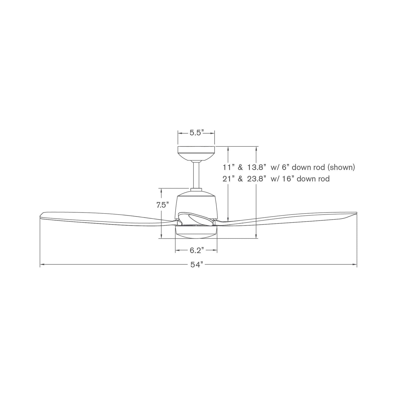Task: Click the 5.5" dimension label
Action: point(196,133)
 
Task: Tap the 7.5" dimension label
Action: point(162,205)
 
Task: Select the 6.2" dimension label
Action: point(196,250)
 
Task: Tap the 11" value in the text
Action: point(229,167)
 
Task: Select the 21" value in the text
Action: point(229,179)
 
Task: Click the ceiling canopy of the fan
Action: point(196,152)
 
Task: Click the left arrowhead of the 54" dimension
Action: point(42,265)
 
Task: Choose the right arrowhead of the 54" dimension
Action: point(355,265)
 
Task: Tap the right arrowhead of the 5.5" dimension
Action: point(213,133)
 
